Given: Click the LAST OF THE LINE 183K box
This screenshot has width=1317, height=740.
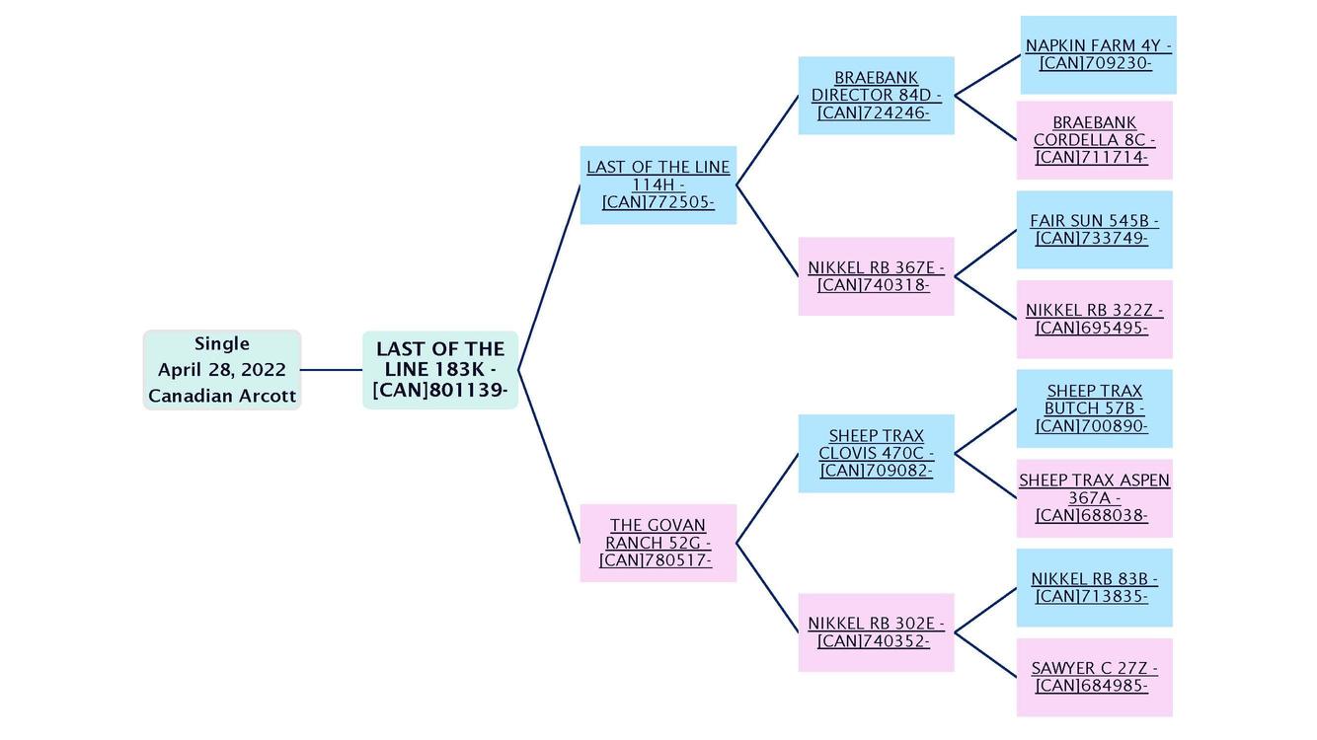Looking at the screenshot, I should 440,370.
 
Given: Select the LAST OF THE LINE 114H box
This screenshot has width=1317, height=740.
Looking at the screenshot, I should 658,185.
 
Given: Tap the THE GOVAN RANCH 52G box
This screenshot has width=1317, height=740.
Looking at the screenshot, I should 658,543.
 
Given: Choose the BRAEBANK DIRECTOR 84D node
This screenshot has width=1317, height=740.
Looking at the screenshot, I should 876,96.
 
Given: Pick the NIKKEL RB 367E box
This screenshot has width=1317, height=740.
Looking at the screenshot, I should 876,276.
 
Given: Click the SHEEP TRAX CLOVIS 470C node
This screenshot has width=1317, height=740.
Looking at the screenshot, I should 876,454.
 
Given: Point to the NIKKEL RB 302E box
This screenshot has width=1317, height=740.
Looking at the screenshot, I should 876,632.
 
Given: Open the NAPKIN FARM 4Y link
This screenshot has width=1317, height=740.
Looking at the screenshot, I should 1098,54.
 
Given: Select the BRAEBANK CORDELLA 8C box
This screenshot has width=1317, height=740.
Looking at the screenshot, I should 1094,140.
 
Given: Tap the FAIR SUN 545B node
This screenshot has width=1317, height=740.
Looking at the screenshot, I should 1094,230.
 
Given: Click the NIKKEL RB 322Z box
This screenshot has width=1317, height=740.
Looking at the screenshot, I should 1094,319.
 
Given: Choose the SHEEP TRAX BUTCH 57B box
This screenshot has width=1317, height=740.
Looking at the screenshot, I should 1094,408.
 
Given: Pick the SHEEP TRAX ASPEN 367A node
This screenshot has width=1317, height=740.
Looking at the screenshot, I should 1094,497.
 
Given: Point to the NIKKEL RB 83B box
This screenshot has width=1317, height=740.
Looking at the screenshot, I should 1094,587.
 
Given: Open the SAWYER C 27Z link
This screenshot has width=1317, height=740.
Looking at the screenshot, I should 1094,677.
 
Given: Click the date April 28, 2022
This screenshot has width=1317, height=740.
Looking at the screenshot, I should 222,370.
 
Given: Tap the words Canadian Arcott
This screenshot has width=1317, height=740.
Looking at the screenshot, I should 222,396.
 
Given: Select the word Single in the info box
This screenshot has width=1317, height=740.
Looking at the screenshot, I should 222,343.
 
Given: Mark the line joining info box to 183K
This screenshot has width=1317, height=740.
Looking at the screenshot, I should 332,370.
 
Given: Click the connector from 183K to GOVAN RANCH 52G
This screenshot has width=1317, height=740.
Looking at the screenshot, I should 549,456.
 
